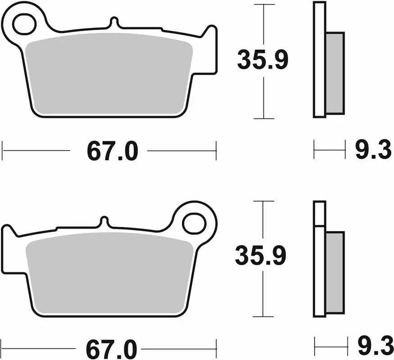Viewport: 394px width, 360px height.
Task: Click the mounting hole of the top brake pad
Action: point(24,24)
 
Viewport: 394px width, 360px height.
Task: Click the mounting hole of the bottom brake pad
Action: point(195,223)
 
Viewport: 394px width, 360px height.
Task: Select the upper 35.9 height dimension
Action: point(263,61)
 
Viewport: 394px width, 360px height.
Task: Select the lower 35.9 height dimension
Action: point(261,257)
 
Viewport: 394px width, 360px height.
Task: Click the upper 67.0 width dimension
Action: point(112,152)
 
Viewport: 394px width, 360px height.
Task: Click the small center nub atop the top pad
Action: point(114,22)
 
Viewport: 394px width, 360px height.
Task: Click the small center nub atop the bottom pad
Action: point(104,222)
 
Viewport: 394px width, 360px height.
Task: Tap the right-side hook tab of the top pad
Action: point(210,49)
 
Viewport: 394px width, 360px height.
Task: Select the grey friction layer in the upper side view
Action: point(335,73)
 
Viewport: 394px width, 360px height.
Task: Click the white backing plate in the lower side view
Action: point(319,270)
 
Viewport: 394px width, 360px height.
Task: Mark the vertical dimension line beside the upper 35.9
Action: point(263,99)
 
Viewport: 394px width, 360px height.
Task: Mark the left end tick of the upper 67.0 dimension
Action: point(3,151)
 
